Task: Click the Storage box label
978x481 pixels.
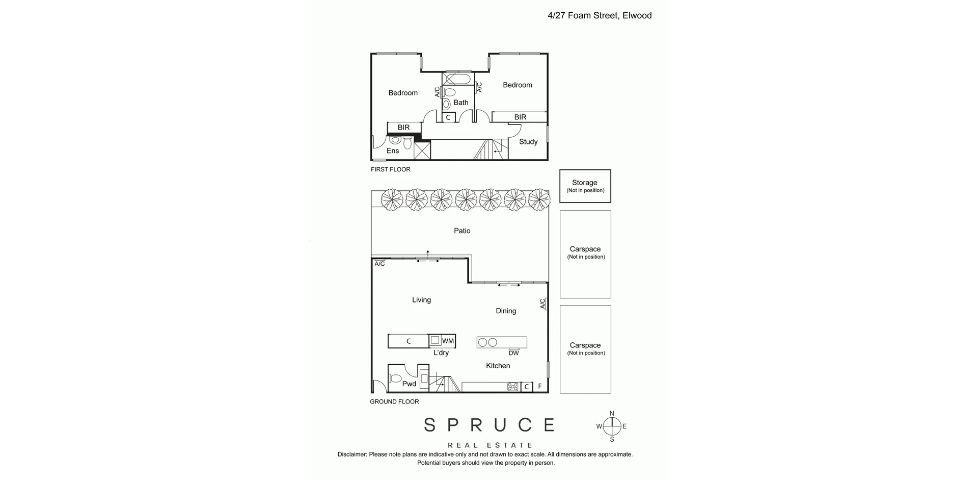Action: tap(584, 183)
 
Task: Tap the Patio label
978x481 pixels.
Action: tap(462, 231)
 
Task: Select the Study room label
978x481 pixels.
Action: tap(528, 142)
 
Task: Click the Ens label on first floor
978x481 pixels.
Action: tap(392, 151)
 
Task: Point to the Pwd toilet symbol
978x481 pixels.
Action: tap(395, 378)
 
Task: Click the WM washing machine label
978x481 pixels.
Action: tap(448, 341)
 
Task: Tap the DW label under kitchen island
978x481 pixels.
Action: tap(513, 353)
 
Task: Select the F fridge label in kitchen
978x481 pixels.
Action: tap(540, 387)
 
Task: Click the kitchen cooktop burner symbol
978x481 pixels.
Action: tap(513, 387)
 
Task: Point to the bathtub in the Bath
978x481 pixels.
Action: tap(457, 79)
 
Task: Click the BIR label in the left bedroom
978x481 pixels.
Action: tap(403, 128)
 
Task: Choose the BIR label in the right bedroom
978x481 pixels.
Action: tap(520, 117)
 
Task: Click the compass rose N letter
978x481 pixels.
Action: tap(612, 414)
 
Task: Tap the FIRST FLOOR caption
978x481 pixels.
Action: tap(390, 169)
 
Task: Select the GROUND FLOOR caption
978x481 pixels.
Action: tap(394, 402)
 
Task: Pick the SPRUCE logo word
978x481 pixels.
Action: tap(489, 425)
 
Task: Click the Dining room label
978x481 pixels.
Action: tap(506, 311)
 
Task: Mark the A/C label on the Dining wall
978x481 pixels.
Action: tap(542, 304)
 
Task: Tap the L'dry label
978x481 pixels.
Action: tap(441, 353)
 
